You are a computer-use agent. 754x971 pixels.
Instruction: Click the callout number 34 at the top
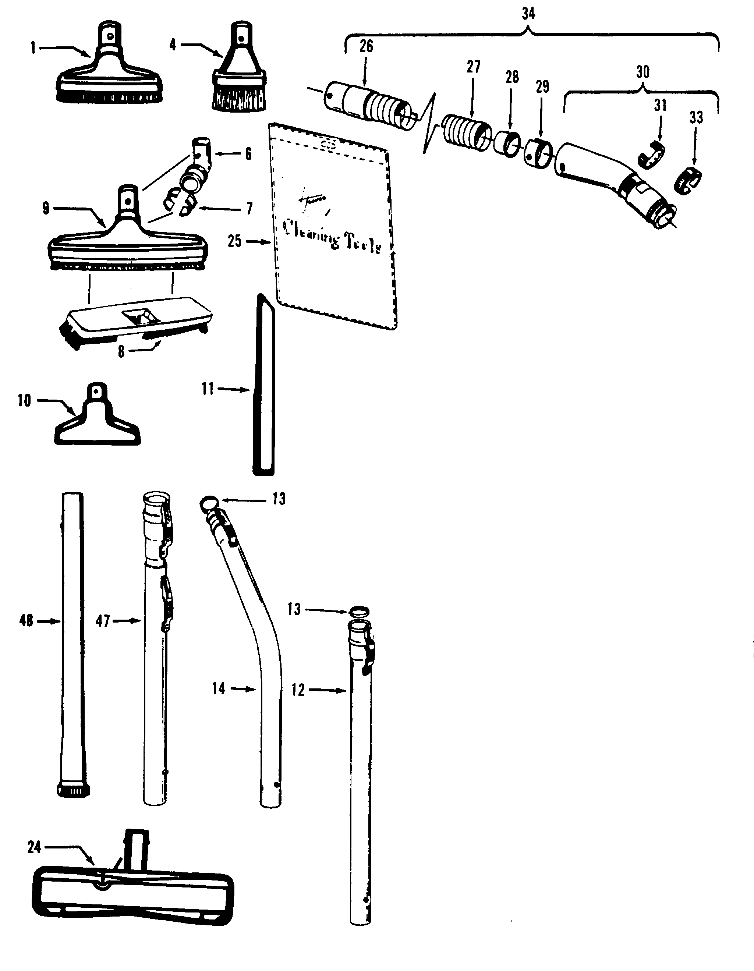528,14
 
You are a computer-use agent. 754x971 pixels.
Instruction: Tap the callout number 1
33,47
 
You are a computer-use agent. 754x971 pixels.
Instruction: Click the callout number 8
121,352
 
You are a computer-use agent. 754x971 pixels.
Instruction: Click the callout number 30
643,72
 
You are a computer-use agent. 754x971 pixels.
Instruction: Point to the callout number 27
474,67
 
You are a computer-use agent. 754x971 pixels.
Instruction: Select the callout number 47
103,621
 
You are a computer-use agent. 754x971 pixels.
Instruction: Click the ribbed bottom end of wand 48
74,790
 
